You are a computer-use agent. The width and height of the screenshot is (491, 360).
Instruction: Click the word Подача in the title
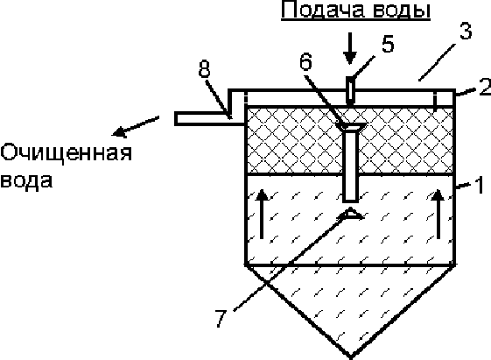coord(323,10)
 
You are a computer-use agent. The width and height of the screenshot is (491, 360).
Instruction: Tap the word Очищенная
coord(66,154)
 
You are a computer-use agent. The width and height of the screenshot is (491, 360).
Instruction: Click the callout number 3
coord(466,32)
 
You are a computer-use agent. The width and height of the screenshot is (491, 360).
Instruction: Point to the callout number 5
coord(388,44)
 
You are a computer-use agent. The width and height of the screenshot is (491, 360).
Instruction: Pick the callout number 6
coord(306,61)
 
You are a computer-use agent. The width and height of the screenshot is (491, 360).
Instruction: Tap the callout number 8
coord(204,69)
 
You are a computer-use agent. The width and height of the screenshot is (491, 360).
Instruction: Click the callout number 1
coord(480,185)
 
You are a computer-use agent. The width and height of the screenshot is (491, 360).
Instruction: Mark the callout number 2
coord(485,87)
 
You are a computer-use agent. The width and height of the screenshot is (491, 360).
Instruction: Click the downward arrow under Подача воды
coord(350,48)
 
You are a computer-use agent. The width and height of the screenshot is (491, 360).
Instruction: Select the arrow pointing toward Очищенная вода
coord(136,127)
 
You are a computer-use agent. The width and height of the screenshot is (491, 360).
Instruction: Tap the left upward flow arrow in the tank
coord(262,214)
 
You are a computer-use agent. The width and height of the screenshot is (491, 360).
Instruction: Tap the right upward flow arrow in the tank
coord(438,214)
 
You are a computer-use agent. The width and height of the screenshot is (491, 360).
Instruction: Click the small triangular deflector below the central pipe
coord(350,213)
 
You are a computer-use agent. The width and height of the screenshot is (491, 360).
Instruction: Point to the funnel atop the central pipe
coord(350,126)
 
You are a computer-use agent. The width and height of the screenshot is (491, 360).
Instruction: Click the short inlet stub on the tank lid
coord(350,90)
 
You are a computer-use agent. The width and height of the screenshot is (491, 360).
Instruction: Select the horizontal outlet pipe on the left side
coord(210,118)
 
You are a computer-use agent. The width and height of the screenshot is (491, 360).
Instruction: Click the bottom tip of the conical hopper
coord(351,357)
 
